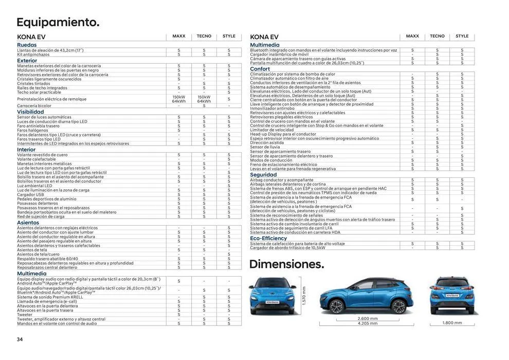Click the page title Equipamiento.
click(x=58, y=22)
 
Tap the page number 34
click(x=20, y=339)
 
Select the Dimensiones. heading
click(x=286, y=264)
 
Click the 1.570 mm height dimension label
click(x=304, y=296)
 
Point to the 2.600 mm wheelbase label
click(x=367, y=319)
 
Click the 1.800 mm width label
click(x=452, y=323)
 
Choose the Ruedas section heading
click(x=27, y=45)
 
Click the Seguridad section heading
click(x=263, y=175)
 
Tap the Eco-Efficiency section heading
click(x=268, y=239)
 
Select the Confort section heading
click(x=260, y=69)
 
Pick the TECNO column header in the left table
click(x=204, y=37)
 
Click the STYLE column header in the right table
click(x=462, y=37)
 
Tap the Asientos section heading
click(x=28, y=223)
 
